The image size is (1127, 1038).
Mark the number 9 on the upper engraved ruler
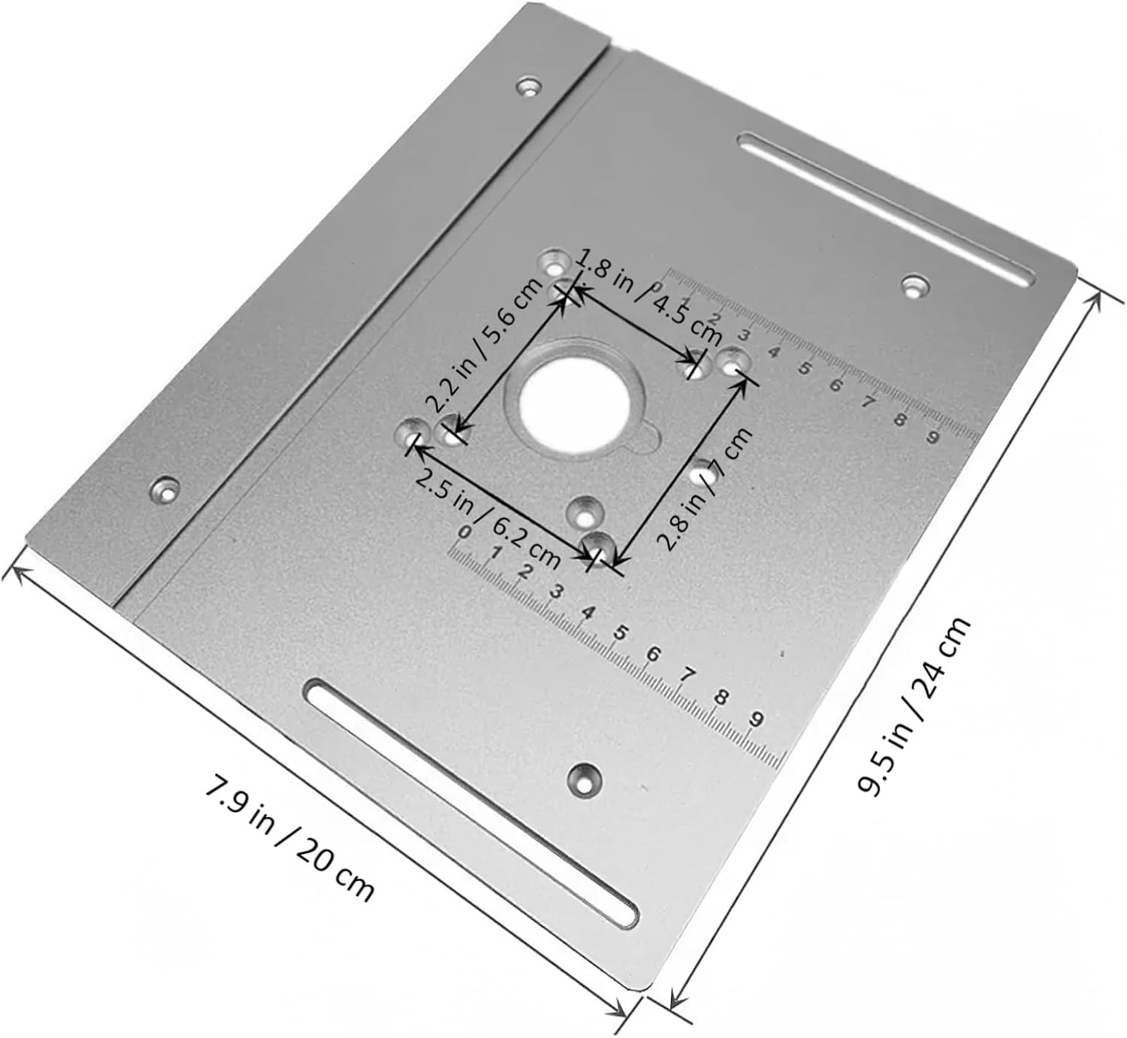pyautogui.click(x=932, y=437)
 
